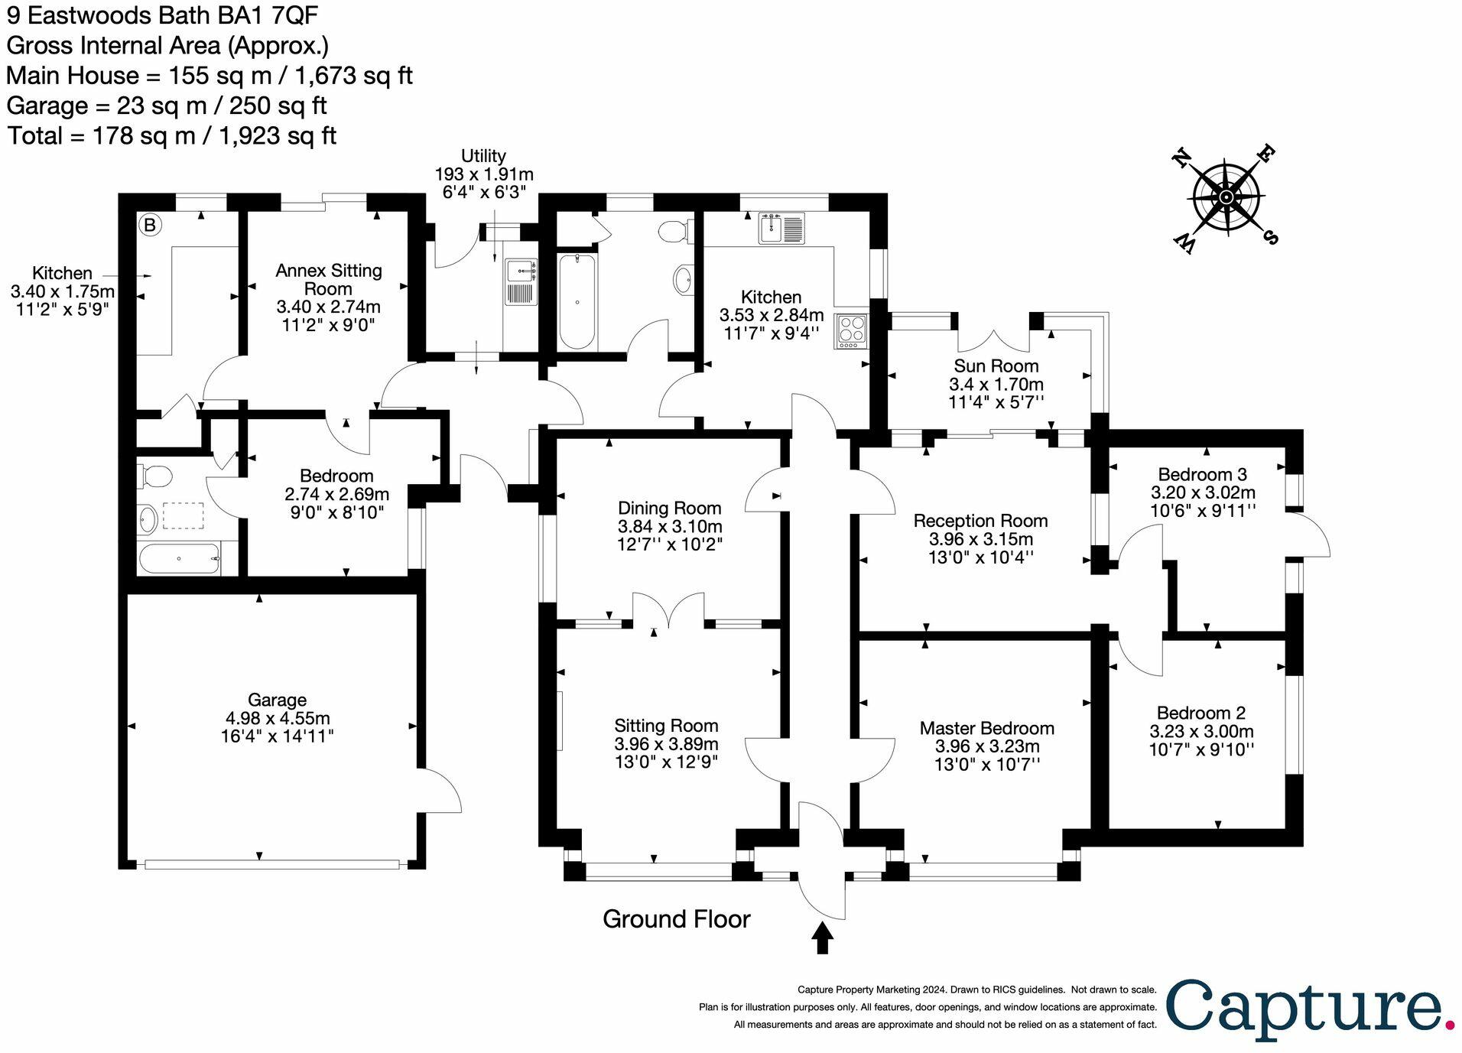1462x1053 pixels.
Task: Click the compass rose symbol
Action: click(1226, 197)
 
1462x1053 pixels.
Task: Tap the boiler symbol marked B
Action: click(150, 225)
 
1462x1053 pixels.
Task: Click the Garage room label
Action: click(277, 700)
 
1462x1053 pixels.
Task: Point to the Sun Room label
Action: click(996, 366)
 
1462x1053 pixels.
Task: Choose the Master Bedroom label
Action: click(986, 728)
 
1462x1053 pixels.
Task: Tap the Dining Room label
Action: click(669, 509)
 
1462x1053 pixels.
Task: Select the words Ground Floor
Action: click(676, 918)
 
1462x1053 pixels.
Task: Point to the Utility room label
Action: click(483, 157)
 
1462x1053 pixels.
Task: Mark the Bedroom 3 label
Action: click(1202, 475)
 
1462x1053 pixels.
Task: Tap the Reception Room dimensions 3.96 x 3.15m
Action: click(980, 539)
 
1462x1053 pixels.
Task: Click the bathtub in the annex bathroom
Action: click(179, 558)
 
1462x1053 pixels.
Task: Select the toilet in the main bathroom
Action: click(674, 231)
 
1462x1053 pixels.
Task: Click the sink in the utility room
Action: click(521, 270)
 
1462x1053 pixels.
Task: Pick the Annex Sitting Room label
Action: click(328, 280)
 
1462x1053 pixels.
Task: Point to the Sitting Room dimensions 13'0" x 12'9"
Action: click(666, 762)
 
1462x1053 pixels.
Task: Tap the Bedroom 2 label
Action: click(1200, 713)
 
